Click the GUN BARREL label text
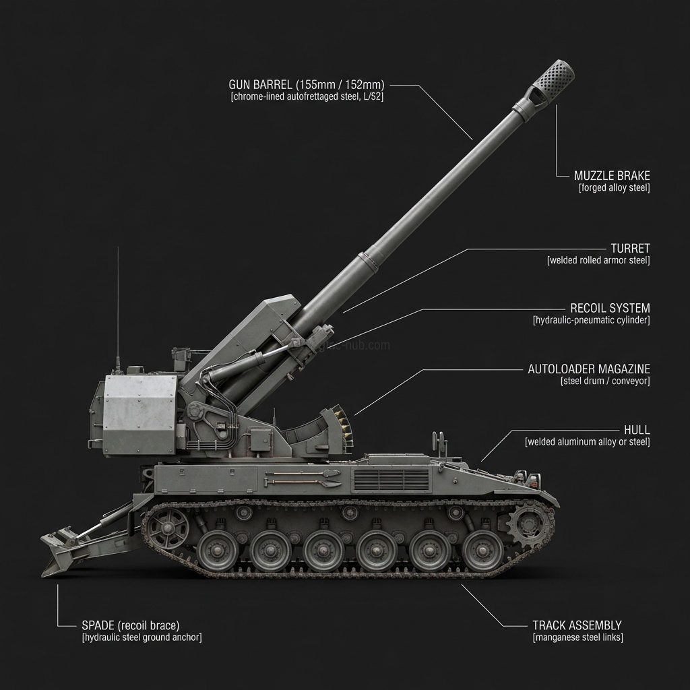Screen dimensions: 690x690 click(x=307, y=85)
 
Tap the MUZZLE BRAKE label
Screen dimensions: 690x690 click(x=612, y=176)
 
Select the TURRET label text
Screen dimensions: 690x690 click(x=630, y=249)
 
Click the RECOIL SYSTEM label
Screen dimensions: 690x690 click(x=610, y=308)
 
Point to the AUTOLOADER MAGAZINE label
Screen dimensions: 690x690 click(x=589, y=369)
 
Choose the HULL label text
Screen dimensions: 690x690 click(x=637, y=430)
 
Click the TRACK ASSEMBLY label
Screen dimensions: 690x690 click(x=577, y=625)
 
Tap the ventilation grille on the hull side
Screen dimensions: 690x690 click(x=391, y=480)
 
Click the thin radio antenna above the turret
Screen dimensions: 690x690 click(x=118, y=303)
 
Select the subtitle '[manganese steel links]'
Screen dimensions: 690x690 click(x=577, y=637)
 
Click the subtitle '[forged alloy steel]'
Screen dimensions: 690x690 click(x=614, y=188)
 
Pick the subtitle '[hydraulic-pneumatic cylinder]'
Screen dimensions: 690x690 click(x=591, y=320)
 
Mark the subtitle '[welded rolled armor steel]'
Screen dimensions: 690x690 click(x=598, y=260)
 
